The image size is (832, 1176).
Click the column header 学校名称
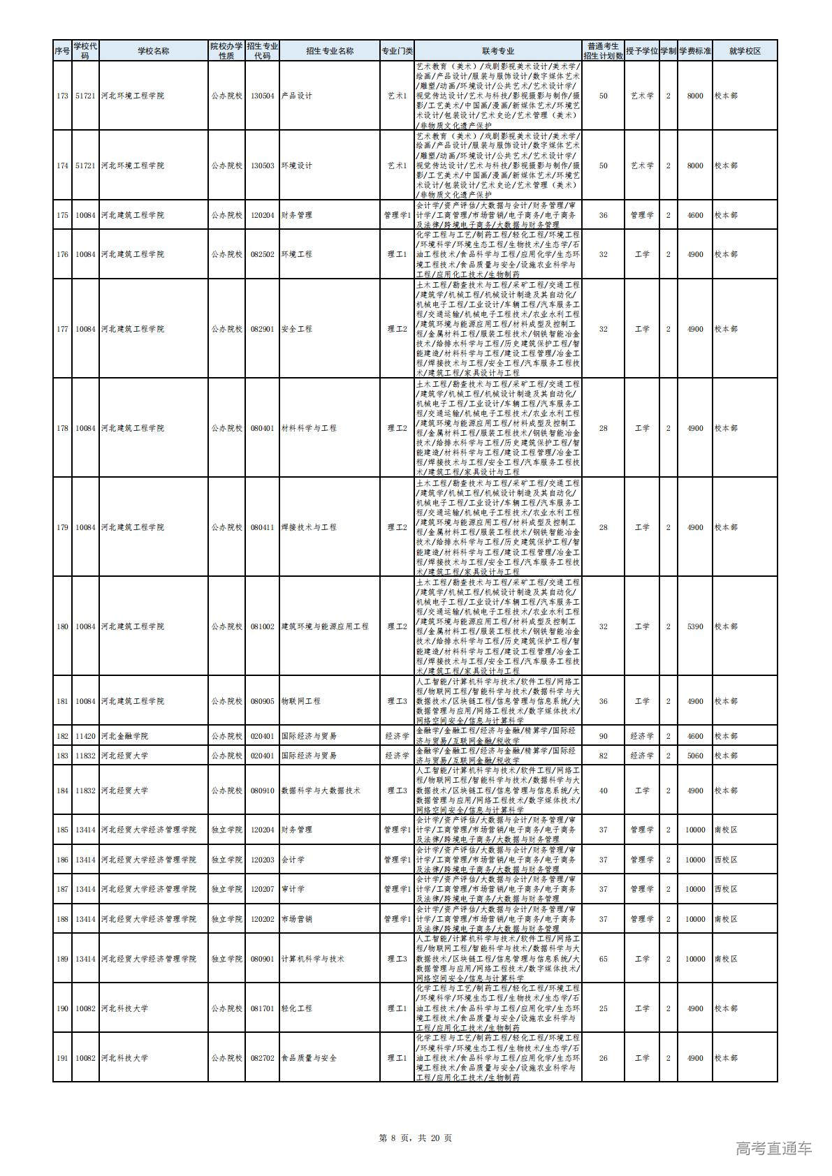(153, 51)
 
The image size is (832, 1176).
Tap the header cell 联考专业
(497, 51)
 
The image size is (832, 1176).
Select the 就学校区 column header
(744, 51)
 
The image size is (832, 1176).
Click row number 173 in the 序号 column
(62, 96)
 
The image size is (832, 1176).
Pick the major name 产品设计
(296, 96)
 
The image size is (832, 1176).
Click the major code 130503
(262, 166)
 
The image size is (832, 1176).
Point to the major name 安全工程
(296, 329)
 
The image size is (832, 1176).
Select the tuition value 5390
(694, 626)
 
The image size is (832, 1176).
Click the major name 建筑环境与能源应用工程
(324, 626)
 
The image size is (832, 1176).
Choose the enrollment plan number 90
(604, 736)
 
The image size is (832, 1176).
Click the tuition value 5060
(694, 756)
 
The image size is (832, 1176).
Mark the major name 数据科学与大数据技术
(320, 791)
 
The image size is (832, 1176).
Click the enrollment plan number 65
(604, 959)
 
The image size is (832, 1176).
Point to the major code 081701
(262, 1008)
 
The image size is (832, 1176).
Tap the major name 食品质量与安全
(308, 1058)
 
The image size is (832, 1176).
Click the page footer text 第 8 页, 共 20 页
(415, 1138)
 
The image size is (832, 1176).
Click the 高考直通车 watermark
(774, 1148)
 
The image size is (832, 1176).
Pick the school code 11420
(85, 736)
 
